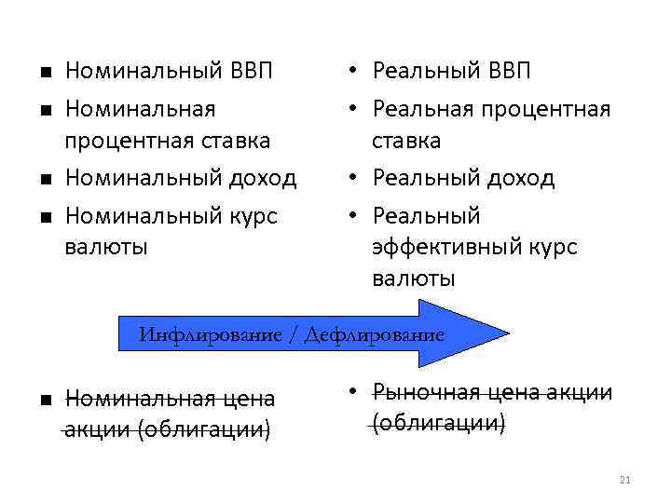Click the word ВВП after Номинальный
248,71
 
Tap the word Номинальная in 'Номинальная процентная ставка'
141,109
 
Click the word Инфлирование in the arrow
210,334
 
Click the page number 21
625,480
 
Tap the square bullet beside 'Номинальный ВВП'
44,72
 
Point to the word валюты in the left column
107,248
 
